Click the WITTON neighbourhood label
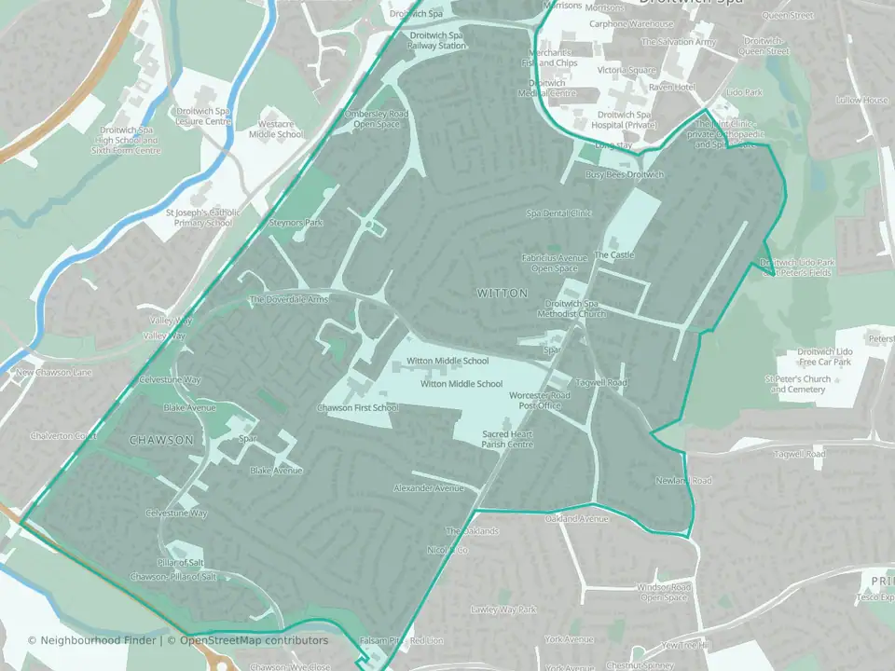(503, 293)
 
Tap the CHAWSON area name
(161, 440)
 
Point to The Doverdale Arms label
(289, 300)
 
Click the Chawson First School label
(357, 408)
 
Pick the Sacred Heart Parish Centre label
(507, 440)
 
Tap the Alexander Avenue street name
(428, 488)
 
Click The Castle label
(613, 254)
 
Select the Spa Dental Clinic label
(559, 213)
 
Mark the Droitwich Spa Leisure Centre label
(203, 116)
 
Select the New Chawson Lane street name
(53, 373)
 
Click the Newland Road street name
(682, 481)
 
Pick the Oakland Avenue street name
(576, 518)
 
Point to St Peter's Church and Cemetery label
(797, 384)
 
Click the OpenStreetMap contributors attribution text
(254, 641)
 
